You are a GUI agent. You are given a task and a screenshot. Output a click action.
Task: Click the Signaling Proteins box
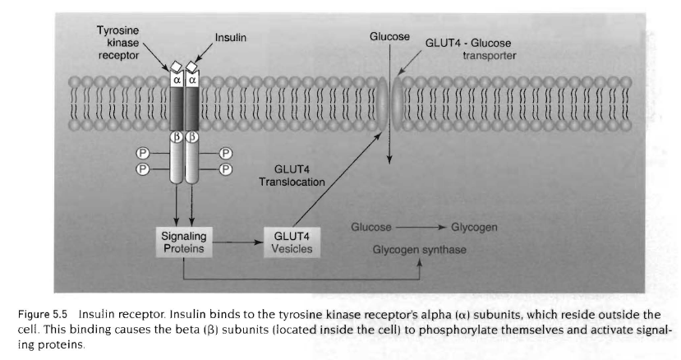click(178, 241)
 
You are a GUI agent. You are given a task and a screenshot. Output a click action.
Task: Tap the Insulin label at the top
click(231, 38)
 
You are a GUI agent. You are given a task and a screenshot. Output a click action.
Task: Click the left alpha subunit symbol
click(177, 81)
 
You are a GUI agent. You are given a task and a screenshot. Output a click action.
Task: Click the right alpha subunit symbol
click(192, 81)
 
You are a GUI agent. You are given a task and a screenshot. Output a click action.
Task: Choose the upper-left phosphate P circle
click(143, 151)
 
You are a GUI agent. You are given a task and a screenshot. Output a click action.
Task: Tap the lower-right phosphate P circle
click(226, 168)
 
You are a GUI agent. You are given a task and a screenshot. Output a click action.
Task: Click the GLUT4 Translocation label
click(292, 175)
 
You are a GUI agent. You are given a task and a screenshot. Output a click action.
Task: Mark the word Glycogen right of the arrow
click(476, 227)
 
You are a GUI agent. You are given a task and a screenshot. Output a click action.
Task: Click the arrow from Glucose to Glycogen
click(425, 227)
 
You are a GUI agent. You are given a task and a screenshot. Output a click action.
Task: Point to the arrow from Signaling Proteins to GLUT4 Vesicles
click(233, 242)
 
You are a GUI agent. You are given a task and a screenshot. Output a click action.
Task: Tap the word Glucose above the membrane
click(389, 38)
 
